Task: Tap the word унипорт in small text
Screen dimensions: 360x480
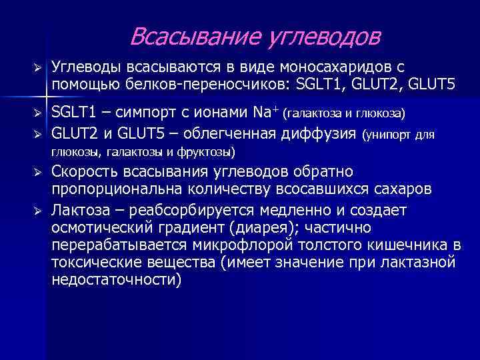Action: (x=389, y=135)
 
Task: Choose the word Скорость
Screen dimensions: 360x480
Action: (x=86, y=172)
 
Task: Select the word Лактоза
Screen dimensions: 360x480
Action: (x=80, y=210)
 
